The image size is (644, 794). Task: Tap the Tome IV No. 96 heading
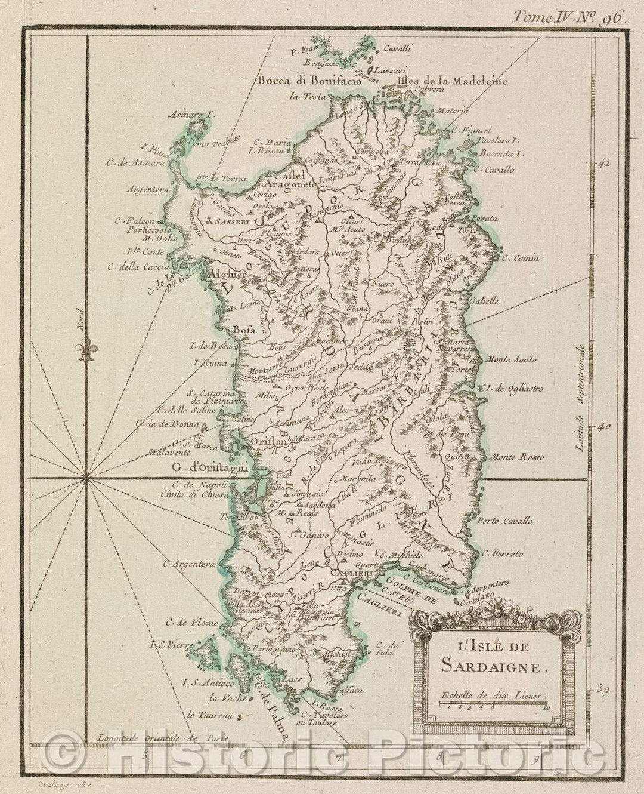coord(566,16)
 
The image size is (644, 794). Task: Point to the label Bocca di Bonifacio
coord(309,82)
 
